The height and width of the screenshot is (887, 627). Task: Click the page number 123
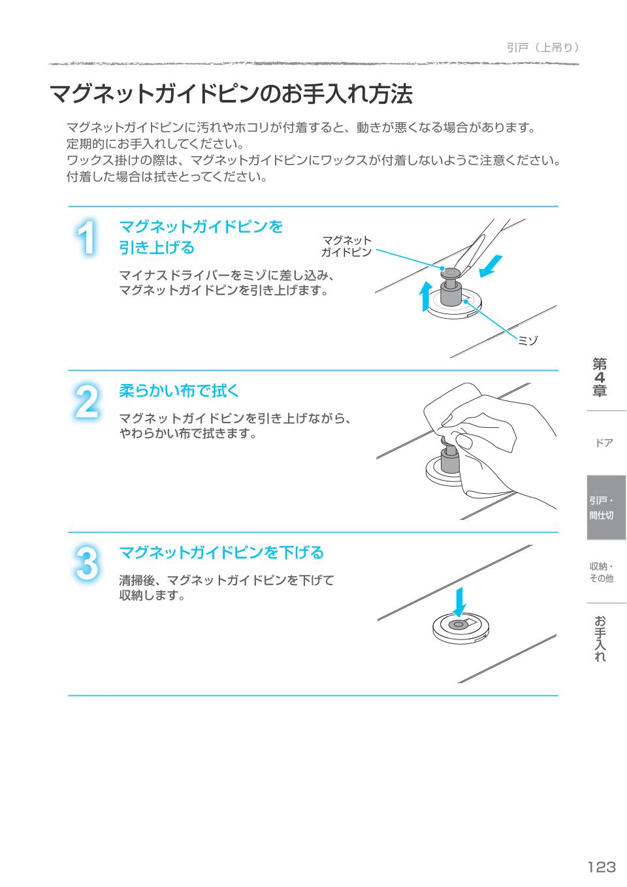602,867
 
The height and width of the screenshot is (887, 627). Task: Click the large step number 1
86,237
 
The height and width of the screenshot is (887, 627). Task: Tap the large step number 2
87,402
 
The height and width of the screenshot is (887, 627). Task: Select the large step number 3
87,564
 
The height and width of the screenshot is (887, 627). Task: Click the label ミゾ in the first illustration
527,340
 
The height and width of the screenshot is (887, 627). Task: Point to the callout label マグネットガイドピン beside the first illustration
346,246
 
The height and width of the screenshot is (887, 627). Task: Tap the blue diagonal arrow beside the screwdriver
490,266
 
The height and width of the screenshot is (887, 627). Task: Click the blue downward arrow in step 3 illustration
459,602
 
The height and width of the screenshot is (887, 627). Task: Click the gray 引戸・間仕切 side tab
606,508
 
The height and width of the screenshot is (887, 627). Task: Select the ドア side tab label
604,443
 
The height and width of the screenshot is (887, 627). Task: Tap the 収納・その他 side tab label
602,572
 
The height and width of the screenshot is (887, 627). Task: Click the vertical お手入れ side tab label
600,638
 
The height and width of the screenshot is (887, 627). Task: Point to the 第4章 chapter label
600,378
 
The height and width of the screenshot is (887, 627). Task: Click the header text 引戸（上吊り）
543,48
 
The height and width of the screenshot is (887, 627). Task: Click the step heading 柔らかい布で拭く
179,391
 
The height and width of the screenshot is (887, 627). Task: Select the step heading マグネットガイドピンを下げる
221,553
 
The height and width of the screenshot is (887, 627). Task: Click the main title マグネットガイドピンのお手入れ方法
231,94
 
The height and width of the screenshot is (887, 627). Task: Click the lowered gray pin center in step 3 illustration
458,624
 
